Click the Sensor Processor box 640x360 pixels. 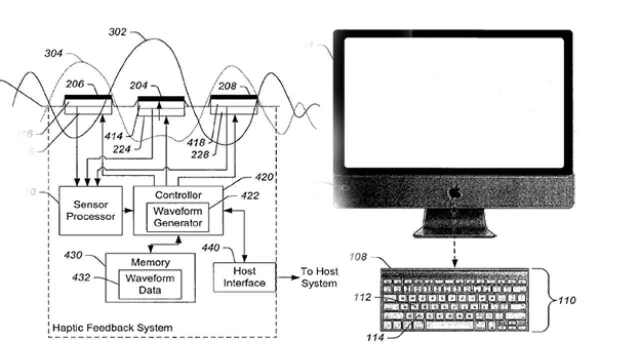point(90,210)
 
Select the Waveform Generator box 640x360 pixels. point(177,216)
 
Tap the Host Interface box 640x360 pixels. point(244,277)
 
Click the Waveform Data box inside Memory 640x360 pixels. point(149,283)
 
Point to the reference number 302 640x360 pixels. point(118,33)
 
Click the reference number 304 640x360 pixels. point(53,53)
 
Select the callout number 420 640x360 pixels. point(264,177)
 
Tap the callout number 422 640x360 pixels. point(249,195)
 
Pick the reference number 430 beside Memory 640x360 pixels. point(74,255)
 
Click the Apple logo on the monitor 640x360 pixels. point(454,191)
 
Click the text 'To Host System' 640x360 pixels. point(319,277)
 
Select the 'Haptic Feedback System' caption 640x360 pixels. point(112,328)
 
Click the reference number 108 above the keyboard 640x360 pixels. point(358,257)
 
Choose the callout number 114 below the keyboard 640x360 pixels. point(374,338)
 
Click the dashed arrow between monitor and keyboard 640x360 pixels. point(454,252)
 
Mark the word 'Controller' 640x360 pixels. point(178,195)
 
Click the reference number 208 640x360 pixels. point(227,86)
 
